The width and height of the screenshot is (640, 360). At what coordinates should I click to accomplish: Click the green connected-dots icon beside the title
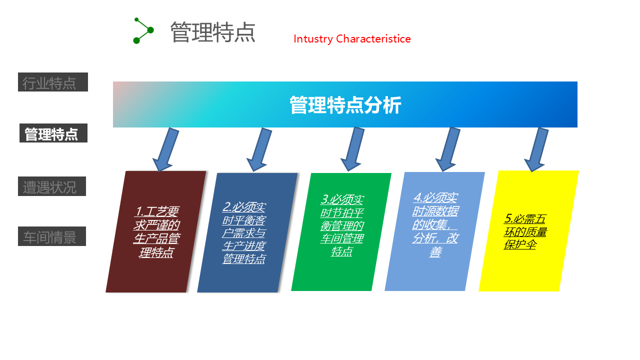click(x=143, y=31)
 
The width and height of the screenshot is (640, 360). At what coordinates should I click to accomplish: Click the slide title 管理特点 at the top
click(x=213, y=32)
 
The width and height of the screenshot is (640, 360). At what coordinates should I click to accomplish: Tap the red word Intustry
click(x=313, y=39)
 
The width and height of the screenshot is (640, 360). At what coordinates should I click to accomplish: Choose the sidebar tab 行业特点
click(x=53, y=82)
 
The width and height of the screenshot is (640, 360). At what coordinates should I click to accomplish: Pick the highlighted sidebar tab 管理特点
click(x=53, y=133)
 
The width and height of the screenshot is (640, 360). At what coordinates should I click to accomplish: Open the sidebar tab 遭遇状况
click(x=52, y=186)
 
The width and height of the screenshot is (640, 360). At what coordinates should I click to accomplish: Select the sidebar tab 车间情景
click(x=52, y=236)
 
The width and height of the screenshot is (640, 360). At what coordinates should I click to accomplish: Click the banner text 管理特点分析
click(x=345, y=105)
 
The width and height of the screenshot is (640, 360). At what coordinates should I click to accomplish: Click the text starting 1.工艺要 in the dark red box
click(x=156, y=232)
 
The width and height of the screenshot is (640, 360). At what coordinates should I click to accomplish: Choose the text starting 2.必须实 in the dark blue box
click(x=244, y=233)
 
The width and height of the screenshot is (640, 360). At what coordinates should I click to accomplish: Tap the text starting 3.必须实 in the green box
click(x=342, y=225)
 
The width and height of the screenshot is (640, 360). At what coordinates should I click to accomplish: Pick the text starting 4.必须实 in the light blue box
click(x=435, y=225)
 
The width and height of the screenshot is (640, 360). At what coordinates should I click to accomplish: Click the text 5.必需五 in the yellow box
click(x=525, y=219)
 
